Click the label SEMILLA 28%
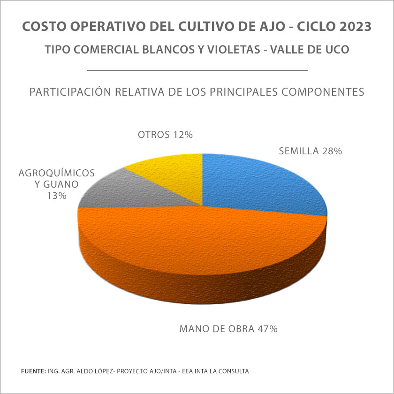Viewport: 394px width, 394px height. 310,151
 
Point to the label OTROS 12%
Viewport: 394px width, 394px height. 166,135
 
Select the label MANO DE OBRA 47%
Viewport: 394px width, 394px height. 228,328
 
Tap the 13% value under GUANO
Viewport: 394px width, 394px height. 56,196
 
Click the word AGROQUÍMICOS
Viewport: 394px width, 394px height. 57,173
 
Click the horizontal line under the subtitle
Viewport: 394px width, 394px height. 197,70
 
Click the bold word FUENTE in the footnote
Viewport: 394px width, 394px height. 33,371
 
